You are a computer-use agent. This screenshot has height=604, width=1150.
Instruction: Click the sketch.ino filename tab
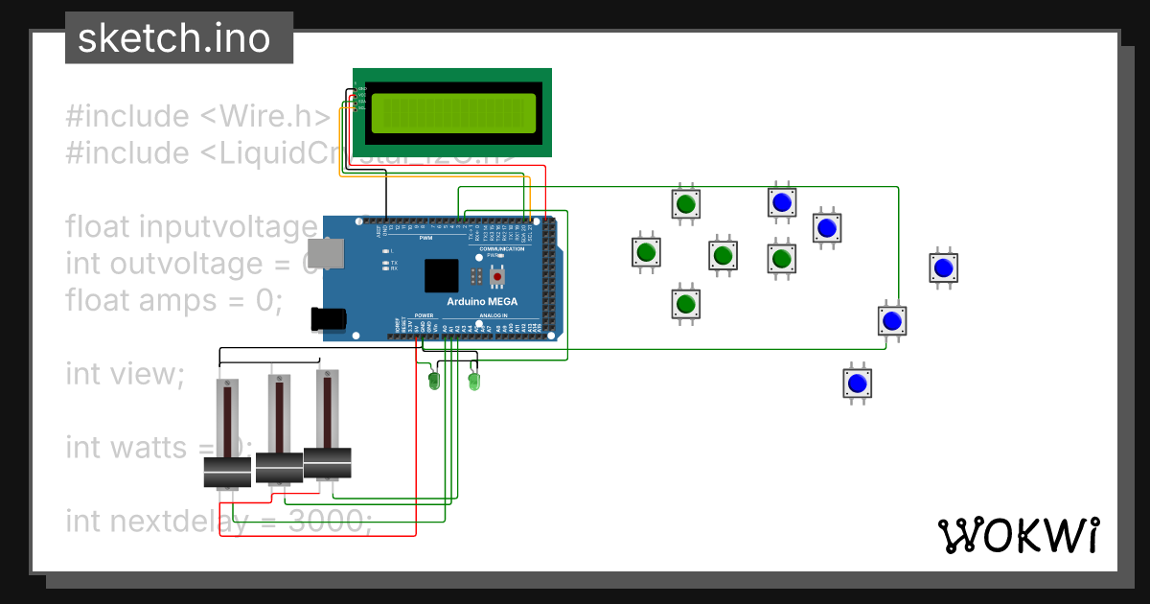point(172,38)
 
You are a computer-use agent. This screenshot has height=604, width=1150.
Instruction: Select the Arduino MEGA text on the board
point(482,301)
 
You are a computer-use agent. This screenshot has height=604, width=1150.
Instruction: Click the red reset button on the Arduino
point(496,277)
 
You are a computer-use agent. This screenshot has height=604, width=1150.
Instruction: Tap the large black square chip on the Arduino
point(442,276)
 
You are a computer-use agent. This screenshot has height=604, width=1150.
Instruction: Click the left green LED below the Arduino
point(433,382)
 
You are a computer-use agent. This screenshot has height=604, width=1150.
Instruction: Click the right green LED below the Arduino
point(472,382)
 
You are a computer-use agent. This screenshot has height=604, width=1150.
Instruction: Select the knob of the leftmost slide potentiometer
point(227,472)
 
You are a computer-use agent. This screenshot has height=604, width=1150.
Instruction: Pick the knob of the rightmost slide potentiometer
point(327,461)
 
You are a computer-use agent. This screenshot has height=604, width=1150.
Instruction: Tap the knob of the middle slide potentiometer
point(279,467)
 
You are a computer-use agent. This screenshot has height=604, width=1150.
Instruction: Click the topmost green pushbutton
point(685,204)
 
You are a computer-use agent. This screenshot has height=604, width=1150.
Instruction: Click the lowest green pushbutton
point(684,304)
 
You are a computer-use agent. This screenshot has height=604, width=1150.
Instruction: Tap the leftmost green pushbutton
point(646,252)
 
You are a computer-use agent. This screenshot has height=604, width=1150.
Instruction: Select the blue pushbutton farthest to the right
point(944,267)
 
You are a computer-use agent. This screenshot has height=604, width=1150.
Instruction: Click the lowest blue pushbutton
point(857,383)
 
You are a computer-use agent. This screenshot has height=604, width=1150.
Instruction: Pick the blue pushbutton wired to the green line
point(892,320)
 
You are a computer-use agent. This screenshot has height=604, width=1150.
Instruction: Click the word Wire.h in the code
point(278,116)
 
